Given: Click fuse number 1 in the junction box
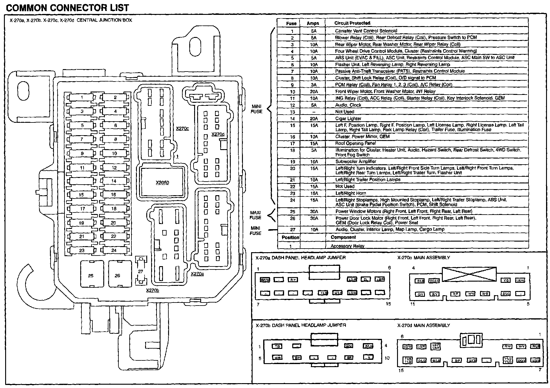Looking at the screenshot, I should pyautogui.click(x=82, y=98).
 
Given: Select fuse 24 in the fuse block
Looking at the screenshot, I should pyautogui.click(x=114, y=250).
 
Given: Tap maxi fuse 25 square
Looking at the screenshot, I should pyautogui.click(x=91, y=274).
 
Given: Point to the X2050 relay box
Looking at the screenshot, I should pyautogui.click(x=162, y=182).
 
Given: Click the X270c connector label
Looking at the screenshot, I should pyautogui.click(x=182, y=129).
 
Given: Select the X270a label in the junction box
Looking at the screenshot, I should pyautogui.click(x=197, y=274).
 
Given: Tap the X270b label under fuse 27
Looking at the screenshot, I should pyautogui.click(x=152, y=290).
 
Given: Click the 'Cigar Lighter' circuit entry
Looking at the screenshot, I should pyautogui.click(x=348, y=119).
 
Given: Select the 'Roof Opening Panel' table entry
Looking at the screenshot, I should pyautogui.click(x=355, y=143).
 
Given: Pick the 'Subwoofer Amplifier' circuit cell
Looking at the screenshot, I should pyautogui.click(x=356, y=162).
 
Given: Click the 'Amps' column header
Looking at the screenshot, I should pyautogui.click(x=313, y=23).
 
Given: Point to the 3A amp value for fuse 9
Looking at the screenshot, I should pyautogui.click(x=313, y=85).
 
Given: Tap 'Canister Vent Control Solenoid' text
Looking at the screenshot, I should pyautogui.click(x=366, y=31).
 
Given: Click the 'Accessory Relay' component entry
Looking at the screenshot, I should pyautogui.click(x=347, y=246).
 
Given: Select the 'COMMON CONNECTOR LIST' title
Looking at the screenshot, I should pyautogui.click(x=68, y=8).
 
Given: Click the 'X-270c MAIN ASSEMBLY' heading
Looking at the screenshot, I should pyautogui.click(x=424, y=258).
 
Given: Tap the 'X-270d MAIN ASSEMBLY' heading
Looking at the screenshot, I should pyautogui.click(x=424, y=325).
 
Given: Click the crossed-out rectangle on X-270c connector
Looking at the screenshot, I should pyautogui.click(x=469, y=274).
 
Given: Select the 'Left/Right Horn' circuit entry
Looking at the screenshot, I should pyautogui.click(x=350, y=193).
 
